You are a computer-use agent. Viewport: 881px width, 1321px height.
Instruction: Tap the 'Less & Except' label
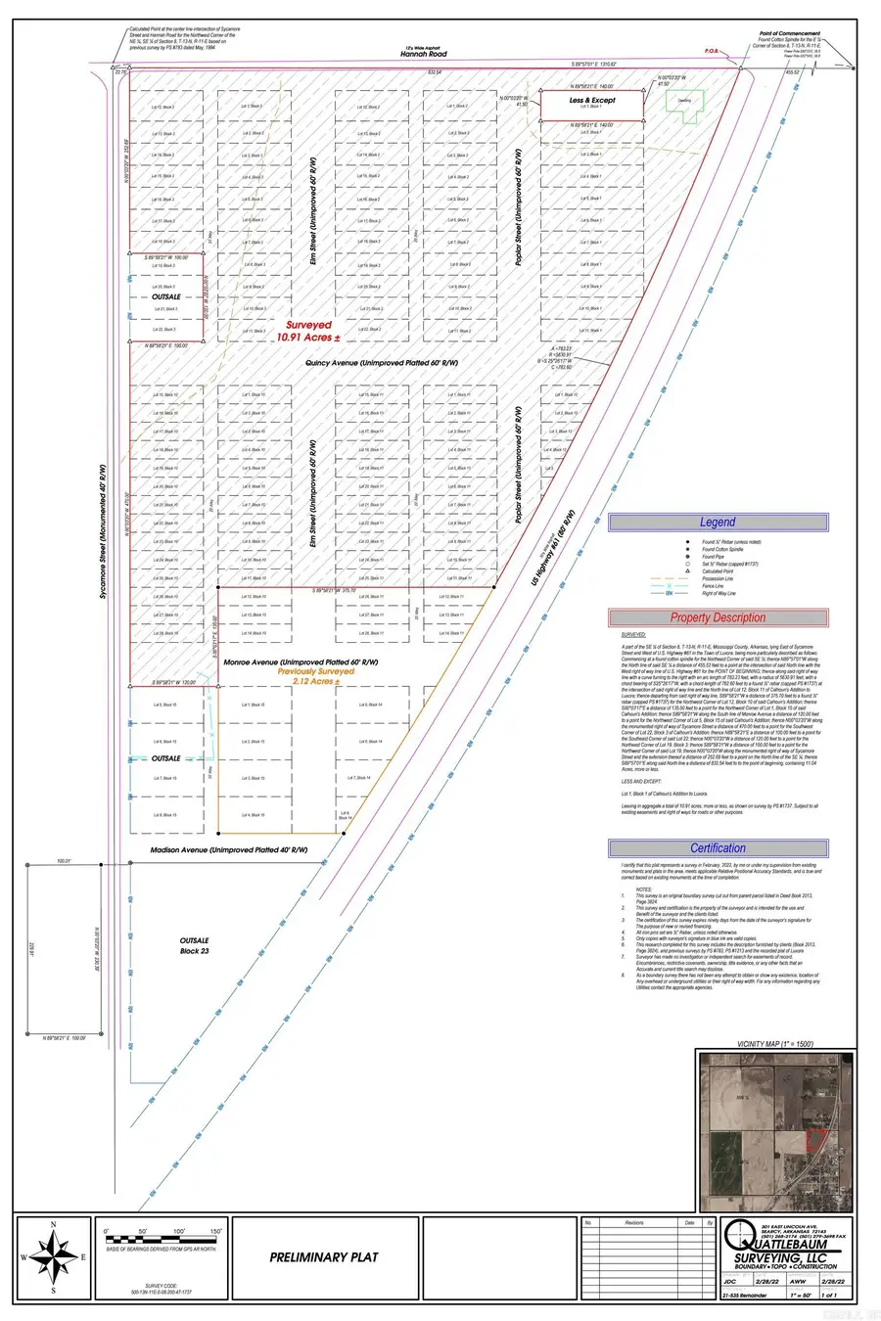(x=593, y=100)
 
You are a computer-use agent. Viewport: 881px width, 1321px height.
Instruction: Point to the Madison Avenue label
(x=229, y=849)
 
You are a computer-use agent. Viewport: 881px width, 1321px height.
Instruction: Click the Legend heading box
(x=718, y=523)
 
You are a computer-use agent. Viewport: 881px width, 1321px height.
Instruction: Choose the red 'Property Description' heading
(x=718, y=617)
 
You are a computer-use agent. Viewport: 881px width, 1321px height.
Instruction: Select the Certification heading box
(x=718, y=848)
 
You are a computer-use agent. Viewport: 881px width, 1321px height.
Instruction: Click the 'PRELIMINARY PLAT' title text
(x=323, y=1257)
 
